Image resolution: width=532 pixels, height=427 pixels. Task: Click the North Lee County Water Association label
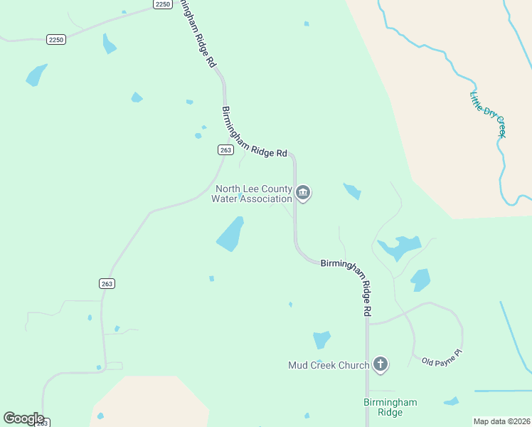click(253, 194)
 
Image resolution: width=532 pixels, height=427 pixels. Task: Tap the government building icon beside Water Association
click(304, 193)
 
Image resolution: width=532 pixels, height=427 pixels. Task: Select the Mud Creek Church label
click(329, 365)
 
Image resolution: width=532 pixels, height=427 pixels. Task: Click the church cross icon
click(381, 365)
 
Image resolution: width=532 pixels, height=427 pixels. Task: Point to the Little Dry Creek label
click(488, 114)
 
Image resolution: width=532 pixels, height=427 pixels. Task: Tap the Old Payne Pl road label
click(442, 357)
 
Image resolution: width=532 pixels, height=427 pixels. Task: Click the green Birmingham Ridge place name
click(390, 407)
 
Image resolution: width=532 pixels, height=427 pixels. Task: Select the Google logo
click(23, 418)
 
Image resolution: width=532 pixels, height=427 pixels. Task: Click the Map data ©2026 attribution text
click(502, 421)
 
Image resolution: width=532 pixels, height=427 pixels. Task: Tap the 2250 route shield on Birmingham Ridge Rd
click(163, 4)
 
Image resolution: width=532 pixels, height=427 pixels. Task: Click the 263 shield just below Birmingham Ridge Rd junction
click(225, 149)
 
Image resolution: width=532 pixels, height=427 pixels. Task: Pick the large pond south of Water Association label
click(230, 235)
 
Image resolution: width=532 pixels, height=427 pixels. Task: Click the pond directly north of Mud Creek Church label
click(321, 339)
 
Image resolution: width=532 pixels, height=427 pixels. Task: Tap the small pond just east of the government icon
click(352, 191)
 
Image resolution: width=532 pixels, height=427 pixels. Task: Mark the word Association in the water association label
click(265, 199)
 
